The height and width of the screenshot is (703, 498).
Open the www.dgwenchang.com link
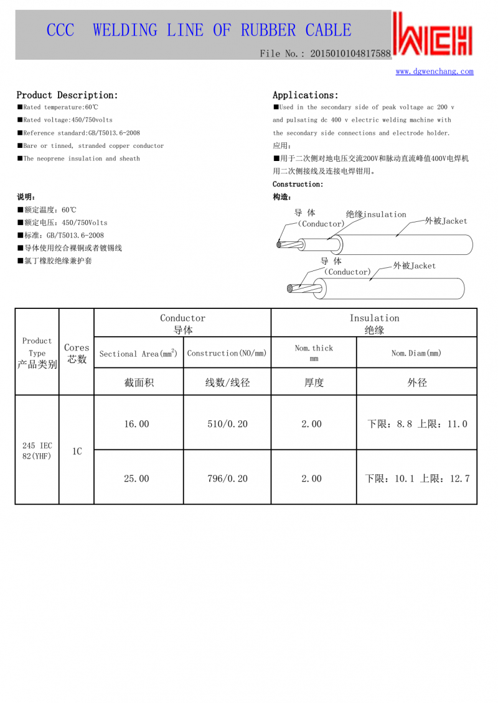click(x=435, y=71)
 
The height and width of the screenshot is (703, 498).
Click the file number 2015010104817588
click(x=350, y=54)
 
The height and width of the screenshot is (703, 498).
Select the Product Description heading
click(x=67, y=95)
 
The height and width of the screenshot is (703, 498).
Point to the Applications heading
click(x=306, y=95)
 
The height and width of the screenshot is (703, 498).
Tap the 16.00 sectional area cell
click(x=137, y=424)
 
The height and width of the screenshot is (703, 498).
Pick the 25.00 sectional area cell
click(x=137, y=479)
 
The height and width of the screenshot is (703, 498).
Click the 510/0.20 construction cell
click(x=227, y=424)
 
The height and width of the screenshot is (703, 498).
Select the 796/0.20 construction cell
click(x=227, y=479)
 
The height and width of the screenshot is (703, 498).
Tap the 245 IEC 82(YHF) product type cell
click(x=37, y=451)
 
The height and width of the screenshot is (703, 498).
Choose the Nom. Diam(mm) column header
click(x=416, y=353)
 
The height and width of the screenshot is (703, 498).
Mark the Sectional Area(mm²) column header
click(x=138, y=353)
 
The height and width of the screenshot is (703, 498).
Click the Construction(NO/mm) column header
click(x=227, y=353)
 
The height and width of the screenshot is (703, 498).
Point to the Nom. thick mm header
click(x=314, y=353)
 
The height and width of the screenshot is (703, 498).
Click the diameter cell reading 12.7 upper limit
click(x=416, y=479)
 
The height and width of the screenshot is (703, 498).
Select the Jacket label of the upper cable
click(x=446, y=221)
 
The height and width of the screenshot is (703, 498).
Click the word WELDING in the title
click(x=125, y=30)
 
